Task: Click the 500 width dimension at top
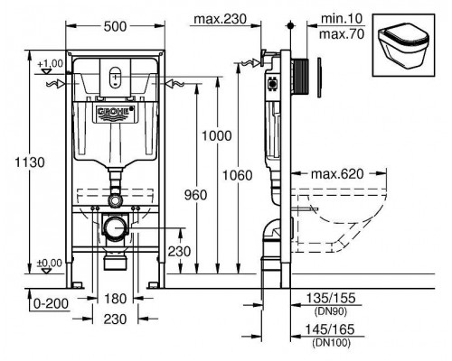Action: pos(115,26)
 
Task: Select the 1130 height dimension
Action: pos(30,162)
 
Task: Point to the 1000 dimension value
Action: pos(217,136)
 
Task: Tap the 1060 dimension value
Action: pos(238,175)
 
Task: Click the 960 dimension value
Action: pos(196,195)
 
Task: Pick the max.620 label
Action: pos(337,174)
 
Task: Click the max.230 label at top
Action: pos(220,19)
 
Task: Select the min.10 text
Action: pos(341,18)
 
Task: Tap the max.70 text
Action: pos(342,34)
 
